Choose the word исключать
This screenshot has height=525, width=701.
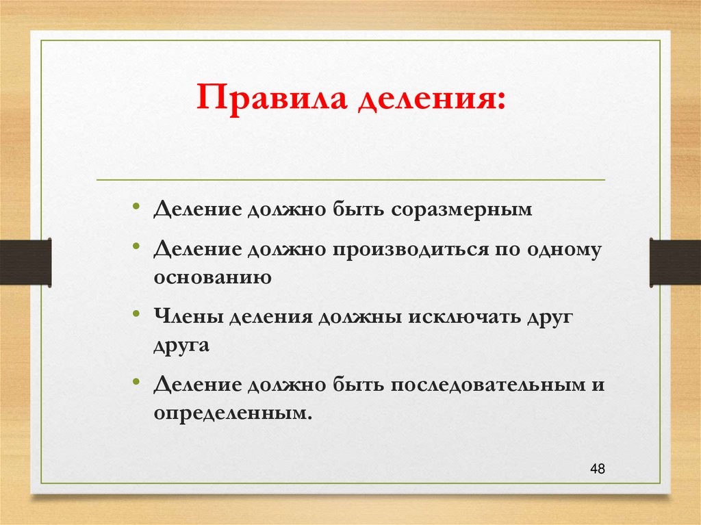point(466,318)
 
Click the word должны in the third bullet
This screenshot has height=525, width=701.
point(361,318)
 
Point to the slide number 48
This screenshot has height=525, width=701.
point(597,469)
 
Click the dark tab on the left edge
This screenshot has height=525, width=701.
point(25,262)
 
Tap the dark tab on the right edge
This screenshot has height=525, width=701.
point(675,262)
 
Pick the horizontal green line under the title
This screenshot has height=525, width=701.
point(350,180)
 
